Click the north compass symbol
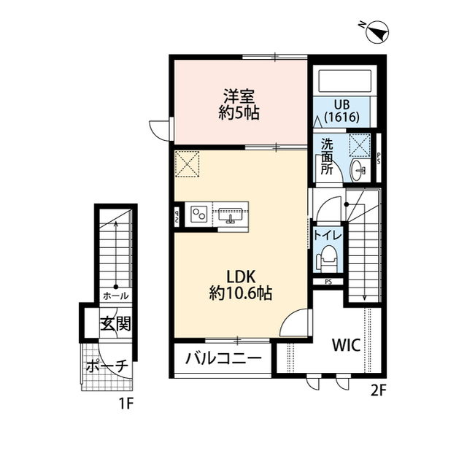click(377, 31)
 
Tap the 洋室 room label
click(239, 96)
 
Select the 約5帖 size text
click(239, 113)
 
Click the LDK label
click(239, 277)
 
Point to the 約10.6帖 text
click(240, 294)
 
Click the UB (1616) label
click(342, 109)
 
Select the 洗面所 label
click(327, 156)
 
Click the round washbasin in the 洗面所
click(358, 169)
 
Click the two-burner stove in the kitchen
click(199, 214)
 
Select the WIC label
click(347, 345)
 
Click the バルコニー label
click(223, 358)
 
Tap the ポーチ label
click(107, 366)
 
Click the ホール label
click(115, 296)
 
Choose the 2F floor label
click(377, 389)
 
